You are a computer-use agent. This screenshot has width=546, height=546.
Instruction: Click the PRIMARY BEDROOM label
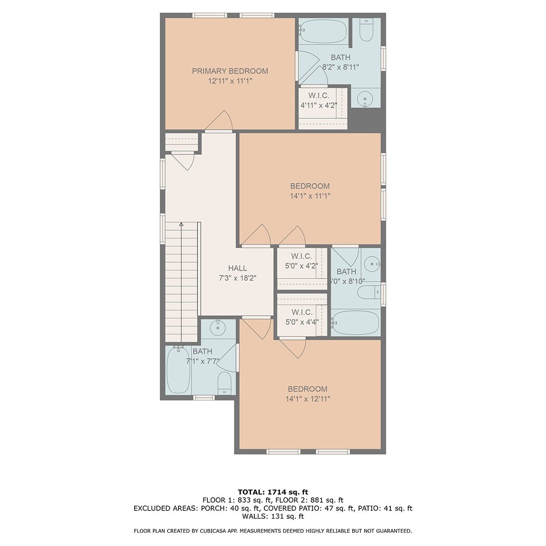pos(230,71)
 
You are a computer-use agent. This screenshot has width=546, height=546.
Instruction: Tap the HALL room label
pos(238,268)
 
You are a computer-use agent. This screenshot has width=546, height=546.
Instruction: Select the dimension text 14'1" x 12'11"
pos(308,399)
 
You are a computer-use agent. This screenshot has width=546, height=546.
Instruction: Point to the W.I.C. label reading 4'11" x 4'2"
pos(319,96)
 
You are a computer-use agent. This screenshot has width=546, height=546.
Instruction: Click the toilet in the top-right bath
pos(366,30)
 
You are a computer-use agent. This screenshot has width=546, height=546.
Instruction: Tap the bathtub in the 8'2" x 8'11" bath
pos(323,31)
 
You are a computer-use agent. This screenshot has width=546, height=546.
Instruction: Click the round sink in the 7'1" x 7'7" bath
pos(217,328)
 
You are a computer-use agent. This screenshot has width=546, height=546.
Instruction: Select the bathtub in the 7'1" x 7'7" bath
pos(178,370)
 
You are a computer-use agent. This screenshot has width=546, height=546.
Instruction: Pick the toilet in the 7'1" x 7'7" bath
pos(224,383)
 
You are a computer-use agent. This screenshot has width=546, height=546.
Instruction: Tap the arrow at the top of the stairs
pos(182,224)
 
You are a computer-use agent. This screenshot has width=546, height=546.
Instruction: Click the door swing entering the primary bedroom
pos(219,120)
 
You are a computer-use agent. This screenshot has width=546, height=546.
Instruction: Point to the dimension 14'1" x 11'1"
pos(310,196)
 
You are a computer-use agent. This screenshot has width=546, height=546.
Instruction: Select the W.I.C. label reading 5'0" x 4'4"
pos(302,312)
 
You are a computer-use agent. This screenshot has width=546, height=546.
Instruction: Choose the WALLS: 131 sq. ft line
pos(273,516)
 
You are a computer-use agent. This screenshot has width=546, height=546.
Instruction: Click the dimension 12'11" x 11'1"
pos(230,81)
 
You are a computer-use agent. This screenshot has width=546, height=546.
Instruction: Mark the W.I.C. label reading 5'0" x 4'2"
pos(302,256)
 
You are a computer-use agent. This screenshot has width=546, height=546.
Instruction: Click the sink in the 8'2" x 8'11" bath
pos(365,99)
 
